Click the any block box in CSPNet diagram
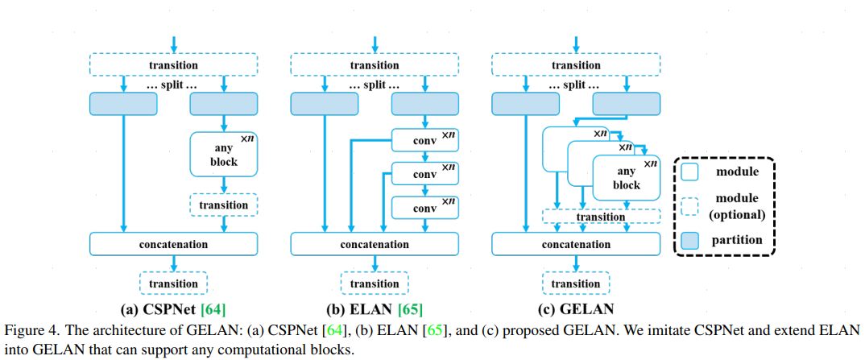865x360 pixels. coord(223,155)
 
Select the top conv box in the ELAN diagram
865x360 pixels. coord(424,142)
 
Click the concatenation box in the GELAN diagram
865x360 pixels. coord(576,244)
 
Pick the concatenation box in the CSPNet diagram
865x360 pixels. coord(173,244)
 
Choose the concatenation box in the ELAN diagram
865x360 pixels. coord(375,244)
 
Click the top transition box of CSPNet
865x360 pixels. coord(173,64)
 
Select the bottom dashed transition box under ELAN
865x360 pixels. coord(375,283)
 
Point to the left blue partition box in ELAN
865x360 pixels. coord(324,103)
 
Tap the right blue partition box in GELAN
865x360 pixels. coord(626,103)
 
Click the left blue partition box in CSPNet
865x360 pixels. coord(123,103)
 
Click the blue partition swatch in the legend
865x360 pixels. coord(688,240)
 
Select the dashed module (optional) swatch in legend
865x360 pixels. coord(688,205)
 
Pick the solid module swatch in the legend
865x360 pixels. coord(688,172)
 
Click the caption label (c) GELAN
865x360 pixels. coord(576,308)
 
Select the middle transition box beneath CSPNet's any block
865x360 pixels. coord(223,205)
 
